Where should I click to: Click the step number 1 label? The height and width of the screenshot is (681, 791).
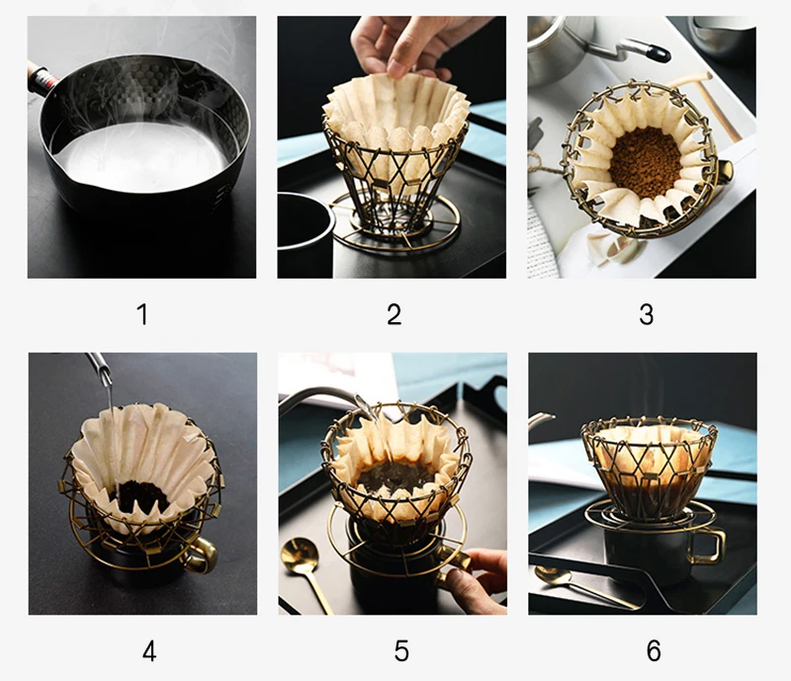pyautogui.click(x=142, y=314)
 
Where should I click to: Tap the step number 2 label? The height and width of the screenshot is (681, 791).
pyautogui.click(x=394, y=314)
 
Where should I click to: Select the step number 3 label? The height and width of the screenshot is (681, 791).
pyautogui.click(x=647, y=314)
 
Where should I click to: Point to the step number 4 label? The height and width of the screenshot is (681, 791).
pyautogui.click(x=149, y=650)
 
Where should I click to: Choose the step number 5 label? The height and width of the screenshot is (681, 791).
pyautogui.click(x=401, y=650)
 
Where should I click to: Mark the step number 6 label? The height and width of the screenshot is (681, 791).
pyautogui.click(x=654, y=650)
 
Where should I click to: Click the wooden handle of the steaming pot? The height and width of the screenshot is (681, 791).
pyautogui.click(x=42, y=79)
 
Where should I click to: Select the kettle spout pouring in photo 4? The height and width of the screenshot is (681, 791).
pyautogui.click(x=99, y=369)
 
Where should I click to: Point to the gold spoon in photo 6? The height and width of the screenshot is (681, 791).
pyautogui.click(x=580, y=585)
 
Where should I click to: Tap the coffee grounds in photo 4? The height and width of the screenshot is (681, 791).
pyautogui.click(x=142, y=495)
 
